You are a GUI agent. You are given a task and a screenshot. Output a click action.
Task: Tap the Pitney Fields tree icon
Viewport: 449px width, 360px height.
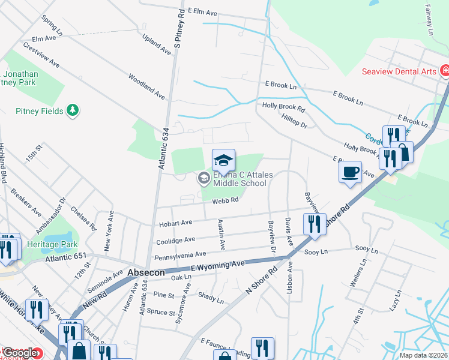point(73,110)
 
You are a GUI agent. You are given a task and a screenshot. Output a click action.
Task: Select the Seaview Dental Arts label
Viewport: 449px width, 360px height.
point(399,71)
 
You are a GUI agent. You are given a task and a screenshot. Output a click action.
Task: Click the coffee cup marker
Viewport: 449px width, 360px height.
point(350,172)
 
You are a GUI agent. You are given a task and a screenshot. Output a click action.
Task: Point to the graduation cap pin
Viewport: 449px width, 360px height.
point(223,160)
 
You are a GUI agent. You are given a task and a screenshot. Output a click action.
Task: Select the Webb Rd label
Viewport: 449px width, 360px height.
point(225,201)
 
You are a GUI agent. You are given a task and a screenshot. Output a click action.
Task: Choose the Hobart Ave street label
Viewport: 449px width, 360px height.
point(175,224)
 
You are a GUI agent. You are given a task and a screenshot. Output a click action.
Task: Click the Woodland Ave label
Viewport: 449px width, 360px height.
point(146,86)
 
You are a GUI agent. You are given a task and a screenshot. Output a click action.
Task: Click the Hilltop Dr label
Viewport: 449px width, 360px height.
point(294,122)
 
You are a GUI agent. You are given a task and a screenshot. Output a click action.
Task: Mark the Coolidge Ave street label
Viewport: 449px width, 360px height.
point(177,240)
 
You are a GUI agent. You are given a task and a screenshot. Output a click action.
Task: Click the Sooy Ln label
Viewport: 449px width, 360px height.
point(317,252)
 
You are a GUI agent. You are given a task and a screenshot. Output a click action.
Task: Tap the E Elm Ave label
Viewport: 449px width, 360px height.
point(202,11)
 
